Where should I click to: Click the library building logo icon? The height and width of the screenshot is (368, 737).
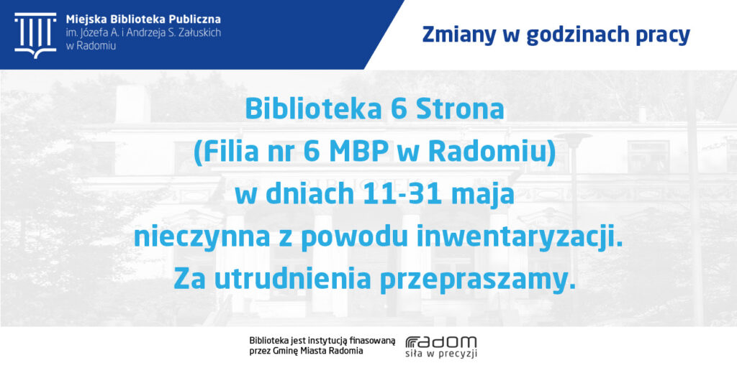[x=35, y=34]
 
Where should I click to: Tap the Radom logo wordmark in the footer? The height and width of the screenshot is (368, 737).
[x=441, y=341]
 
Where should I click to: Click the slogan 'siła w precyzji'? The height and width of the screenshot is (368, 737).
[x=441, y=353]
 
